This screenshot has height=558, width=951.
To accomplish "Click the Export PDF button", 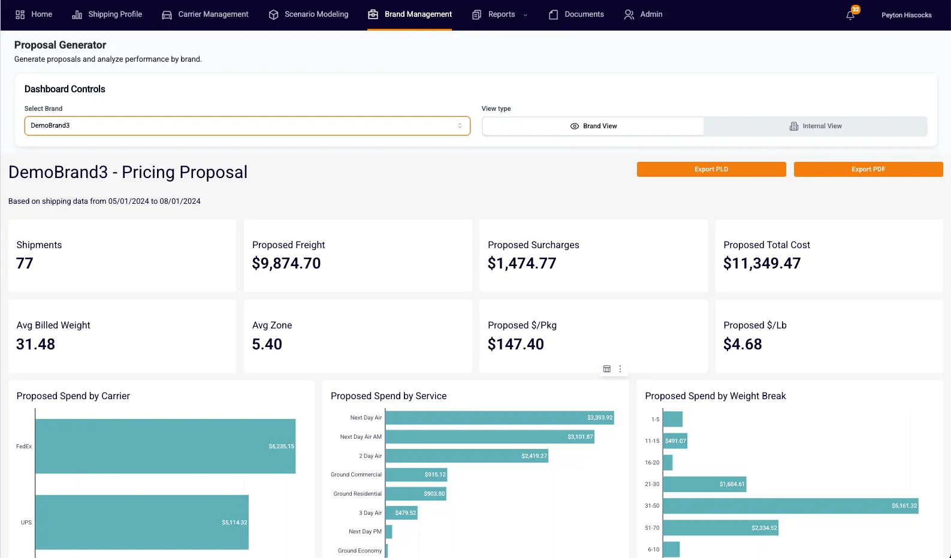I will point(868,169).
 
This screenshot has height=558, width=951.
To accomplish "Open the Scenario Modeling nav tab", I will point(309,14).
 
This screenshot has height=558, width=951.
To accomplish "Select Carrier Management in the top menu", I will point(205,14).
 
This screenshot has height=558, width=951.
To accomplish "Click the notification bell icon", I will point(850,15).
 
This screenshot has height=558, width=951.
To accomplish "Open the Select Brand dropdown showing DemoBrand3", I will point(247,126).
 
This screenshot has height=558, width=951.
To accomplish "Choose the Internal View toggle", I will point(815,126).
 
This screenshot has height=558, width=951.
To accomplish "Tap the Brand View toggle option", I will point(593,126).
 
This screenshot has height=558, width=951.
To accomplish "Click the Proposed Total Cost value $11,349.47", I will point(762,264).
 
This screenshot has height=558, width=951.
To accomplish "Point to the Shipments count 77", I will point(25,264).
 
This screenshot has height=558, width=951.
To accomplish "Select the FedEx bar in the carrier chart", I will point(165,446).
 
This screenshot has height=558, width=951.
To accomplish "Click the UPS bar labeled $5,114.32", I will point(141,522).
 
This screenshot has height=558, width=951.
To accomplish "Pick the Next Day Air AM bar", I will point(489,437).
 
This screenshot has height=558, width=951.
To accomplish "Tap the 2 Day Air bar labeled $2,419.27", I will point(466,456).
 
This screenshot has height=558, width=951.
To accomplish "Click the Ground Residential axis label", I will point(357,494).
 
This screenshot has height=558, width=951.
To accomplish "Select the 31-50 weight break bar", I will point(790,506).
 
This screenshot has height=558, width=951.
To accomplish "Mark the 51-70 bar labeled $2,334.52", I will point(720,528).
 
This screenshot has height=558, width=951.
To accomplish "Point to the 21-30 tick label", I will point(652,484).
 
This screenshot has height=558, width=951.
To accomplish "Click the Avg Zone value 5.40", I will point(267,345).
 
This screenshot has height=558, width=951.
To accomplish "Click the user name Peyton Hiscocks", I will point(906,15).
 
